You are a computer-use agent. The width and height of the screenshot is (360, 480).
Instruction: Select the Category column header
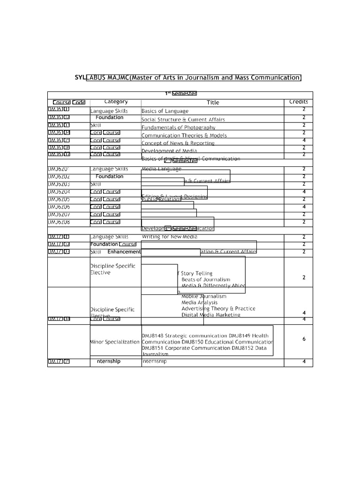click(116, 102)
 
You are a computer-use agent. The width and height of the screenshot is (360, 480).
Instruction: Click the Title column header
click(213, 102)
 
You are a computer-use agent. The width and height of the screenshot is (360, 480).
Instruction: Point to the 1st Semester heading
click(180, 94)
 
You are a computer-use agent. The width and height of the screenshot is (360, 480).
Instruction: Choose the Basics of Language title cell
click(165, 111)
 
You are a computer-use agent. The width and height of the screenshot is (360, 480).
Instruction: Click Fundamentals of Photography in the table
click(178, 127)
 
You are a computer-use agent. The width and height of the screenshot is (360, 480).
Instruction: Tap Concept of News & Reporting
click(178, 143)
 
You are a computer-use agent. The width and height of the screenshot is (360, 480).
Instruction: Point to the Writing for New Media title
click(169, 237)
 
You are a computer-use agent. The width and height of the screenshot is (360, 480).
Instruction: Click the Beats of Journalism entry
click(206, 279)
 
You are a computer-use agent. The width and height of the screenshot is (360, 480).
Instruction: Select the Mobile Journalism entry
click(204, 296)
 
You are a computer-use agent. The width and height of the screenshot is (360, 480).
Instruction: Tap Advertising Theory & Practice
click(218, 308)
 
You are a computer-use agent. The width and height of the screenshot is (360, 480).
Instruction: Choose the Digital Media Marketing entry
click(211, 315)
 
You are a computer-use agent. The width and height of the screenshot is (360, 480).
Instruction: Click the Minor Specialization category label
click(115, 342)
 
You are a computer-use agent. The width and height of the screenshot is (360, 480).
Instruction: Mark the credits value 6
click(304, 339)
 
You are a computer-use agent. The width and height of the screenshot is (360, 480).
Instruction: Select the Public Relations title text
click(161, 199)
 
